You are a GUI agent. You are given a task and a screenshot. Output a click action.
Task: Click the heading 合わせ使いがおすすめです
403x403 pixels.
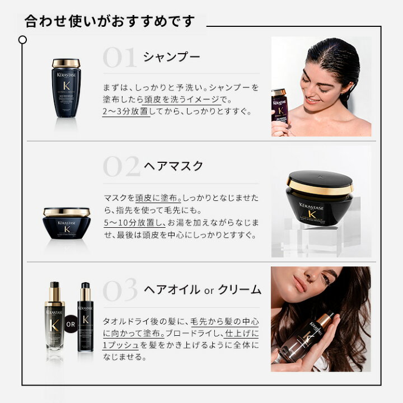click(110, 22)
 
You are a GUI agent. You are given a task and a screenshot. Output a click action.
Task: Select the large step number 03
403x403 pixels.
click(120, 289)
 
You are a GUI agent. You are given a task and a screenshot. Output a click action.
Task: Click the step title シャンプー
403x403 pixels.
click(171, 57)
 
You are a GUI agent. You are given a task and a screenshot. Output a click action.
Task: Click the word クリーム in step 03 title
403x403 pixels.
click(240, 289)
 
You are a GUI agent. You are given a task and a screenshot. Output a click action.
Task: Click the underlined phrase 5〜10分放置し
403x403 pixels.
click(137, 223)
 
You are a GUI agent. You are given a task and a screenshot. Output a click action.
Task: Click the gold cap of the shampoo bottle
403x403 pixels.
click(66, 63)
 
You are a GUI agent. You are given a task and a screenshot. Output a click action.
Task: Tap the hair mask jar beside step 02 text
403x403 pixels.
click(67, 224)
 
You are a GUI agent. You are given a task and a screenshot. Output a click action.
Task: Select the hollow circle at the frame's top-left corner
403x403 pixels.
click(22, 40)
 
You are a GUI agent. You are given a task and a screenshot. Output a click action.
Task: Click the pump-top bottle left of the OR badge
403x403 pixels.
click(55, 317)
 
